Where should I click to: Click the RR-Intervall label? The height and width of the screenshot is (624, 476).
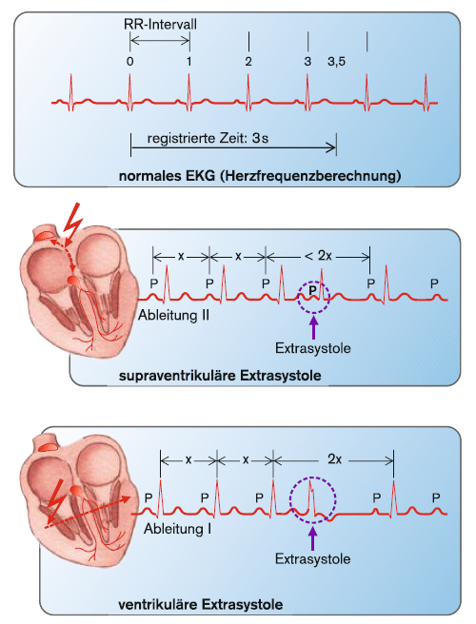coord(160,25)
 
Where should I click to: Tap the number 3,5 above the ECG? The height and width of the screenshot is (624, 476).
coord(337,62)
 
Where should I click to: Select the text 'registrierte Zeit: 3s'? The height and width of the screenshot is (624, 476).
coord(208,139)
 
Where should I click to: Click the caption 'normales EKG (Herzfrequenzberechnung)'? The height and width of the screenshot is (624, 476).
coord(260,175)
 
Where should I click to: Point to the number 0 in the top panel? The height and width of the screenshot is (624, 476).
coord(129,62)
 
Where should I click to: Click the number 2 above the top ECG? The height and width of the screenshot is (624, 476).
coord(248,62)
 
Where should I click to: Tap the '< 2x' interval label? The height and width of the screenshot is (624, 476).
coord(318,256)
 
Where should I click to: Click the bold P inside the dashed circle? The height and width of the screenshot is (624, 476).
coord(312,289)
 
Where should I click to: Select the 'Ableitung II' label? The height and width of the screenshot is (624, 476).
coord(173,316)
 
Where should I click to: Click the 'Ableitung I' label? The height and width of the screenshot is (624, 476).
coord(178,529)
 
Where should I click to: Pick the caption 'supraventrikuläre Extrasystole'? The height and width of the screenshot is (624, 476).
coord(220,376)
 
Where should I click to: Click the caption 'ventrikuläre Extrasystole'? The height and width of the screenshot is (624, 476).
coord(200,605)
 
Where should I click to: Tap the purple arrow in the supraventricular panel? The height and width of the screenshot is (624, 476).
coord(314,326)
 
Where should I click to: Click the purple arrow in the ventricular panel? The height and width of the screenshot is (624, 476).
coord(313,538)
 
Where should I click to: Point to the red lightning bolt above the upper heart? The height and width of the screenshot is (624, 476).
coord(72,223)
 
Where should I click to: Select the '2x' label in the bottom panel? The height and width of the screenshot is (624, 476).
coord(334,459)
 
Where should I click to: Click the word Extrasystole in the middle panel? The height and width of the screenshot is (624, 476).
coord(313,348)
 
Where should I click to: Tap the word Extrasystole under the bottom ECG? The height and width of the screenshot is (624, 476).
coord(312,558)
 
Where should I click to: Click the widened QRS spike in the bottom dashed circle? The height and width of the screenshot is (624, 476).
coord(311,497)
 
